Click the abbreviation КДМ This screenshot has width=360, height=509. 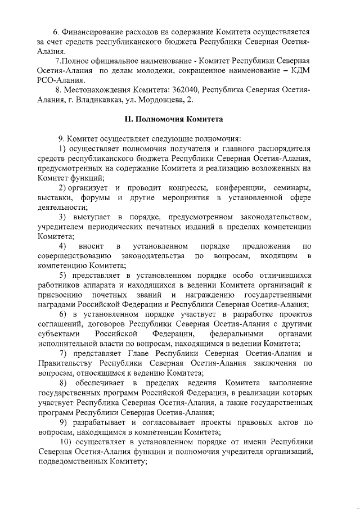[300, 70]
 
